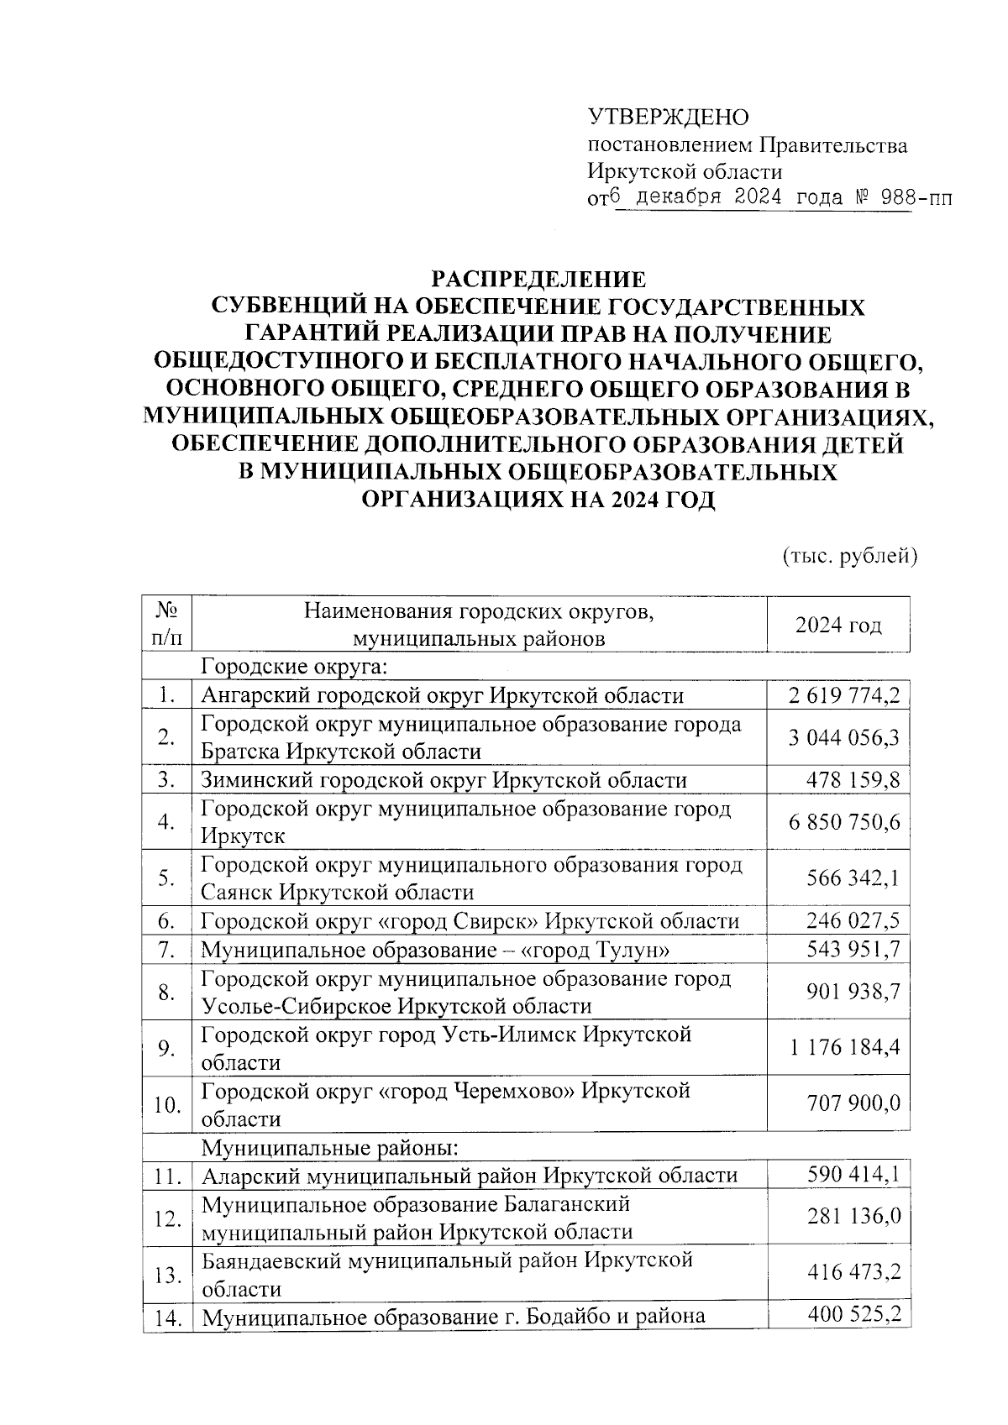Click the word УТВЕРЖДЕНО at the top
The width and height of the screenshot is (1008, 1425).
coord(667,117)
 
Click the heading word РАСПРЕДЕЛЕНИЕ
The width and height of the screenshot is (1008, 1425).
coord(538,279)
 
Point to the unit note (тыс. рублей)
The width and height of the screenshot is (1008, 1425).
coord(849,556)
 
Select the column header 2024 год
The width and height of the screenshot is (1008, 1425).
coord(838,626)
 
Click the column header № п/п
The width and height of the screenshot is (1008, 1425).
coord(166,624)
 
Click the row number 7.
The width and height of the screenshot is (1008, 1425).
coord(166,950)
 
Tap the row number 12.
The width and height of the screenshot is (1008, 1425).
coord(167,1218)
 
